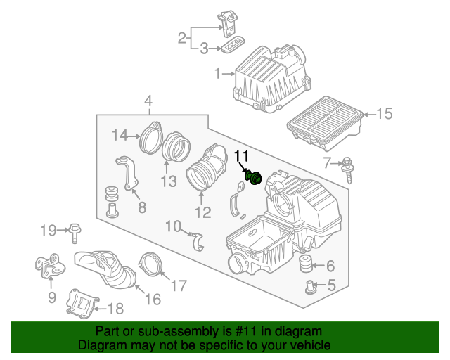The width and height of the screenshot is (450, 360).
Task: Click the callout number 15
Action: (x=384, y=114)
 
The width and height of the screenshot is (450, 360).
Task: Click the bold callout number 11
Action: (x=241, y=156)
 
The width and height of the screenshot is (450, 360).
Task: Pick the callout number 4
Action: (x=148, y=103)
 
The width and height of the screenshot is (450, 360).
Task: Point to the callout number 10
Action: (x=173, y=225)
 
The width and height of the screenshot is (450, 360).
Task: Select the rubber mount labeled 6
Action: (x=305, y=266)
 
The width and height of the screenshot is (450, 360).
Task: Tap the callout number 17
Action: (x=179, y=285)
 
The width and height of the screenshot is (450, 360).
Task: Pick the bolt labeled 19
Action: (x=77, y=229)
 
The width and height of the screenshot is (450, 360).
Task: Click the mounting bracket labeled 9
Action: (x=48, y=268)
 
